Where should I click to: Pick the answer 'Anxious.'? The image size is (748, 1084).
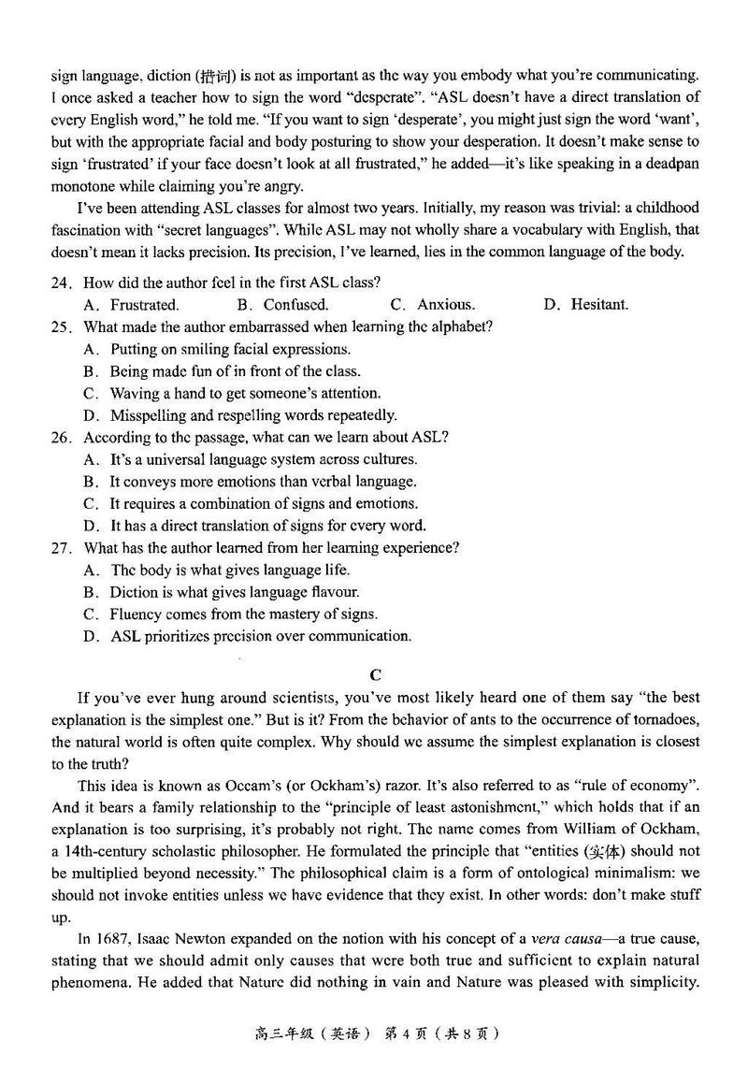click(x=445, y=305)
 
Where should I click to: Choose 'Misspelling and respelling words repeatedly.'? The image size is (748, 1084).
click(x=252, y=415)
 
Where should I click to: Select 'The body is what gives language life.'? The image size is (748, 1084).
click(x=230, y=570)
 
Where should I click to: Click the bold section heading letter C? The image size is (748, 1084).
click(x=375, y=674)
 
